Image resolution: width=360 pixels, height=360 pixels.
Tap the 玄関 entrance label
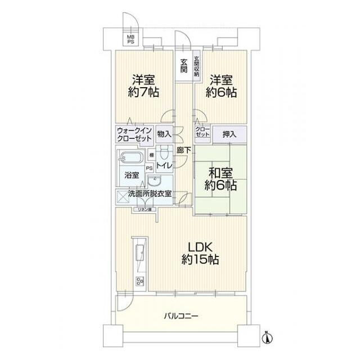click(x=183, y=66)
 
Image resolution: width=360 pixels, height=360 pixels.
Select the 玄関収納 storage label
click(x=196, y=66)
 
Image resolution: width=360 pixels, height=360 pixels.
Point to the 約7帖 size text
click(x=144, y=92)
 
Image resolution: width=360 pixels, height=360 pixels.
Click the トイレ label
click(x=164, y=165)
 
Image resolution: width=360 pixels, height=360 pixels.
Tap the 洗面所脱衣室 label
click(x=150, y=194)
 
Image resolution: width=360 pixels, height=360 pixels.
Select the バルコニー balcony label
click(x=181, y=316)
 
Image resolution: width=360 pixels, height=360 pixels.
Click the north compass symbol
click(x=268, y=337)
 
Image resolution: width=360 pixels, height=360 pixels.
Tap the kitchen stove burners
click(x=139, y=281)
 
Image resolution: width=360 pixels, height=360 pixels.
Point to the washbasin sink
click(x=154, y=181)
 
